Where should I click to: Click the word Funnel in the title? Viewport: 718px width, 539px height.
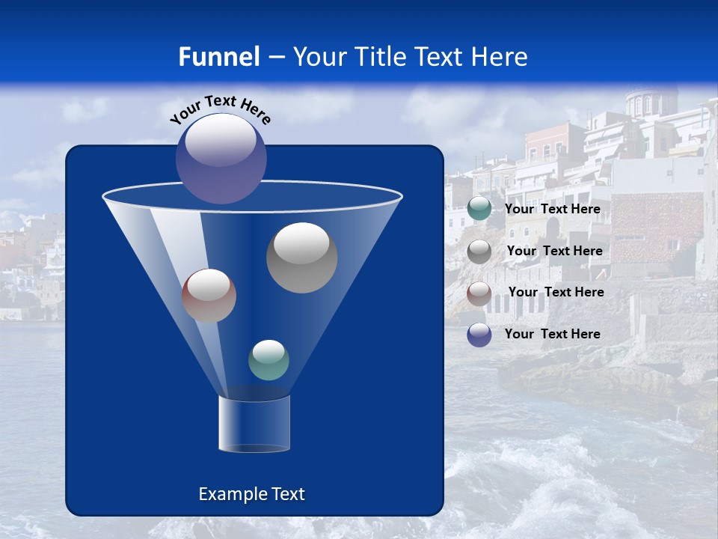click(x=218, y=57)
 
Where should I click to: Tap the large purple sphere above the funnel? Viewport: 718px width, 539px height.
click(x=221, y=158)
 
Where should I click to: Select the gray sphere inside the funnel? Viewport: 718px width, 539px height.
click(x=301, y=258)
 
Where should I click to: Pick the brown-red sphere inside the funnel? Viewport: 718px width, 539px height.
click(x=209, y=296)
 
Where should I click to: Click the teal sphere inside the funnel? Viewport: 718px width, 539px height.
click(x=269, y=360)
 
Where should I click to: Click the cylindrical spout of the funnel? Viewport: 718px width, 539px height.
click(x=254, y=423)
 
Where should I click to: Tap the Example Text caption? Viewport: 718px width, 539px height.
click(x=251, y=494)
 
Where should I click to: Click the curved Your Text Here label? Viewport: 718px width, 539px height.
click(x=220, y=109)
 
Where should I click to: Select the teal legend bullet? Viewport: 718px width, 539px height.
click(x=479, y=209)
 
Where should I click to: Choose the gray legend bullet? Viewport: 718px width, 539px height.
click(x=479, y=252)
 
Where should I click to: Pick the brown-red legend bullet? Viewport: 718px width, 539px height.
click(x=479, y=293)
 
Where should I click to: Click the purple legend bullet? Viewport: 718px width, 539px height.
click(x=479, y=335)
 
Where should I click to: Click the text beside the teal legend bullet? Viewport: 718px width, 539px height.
click(x=552, y=210)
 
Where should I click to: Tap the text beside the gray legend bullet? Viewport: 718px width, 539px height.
click(x=554, y=252)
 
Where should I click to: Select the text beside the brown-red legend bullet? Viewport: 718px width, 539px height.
click(x=556, y=293)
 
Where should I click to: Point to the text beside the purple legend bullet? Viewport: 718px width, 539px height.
click(x=552, y=335)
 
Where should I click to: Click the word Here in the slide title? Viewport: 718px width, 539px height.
click(x=497, y=57)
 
